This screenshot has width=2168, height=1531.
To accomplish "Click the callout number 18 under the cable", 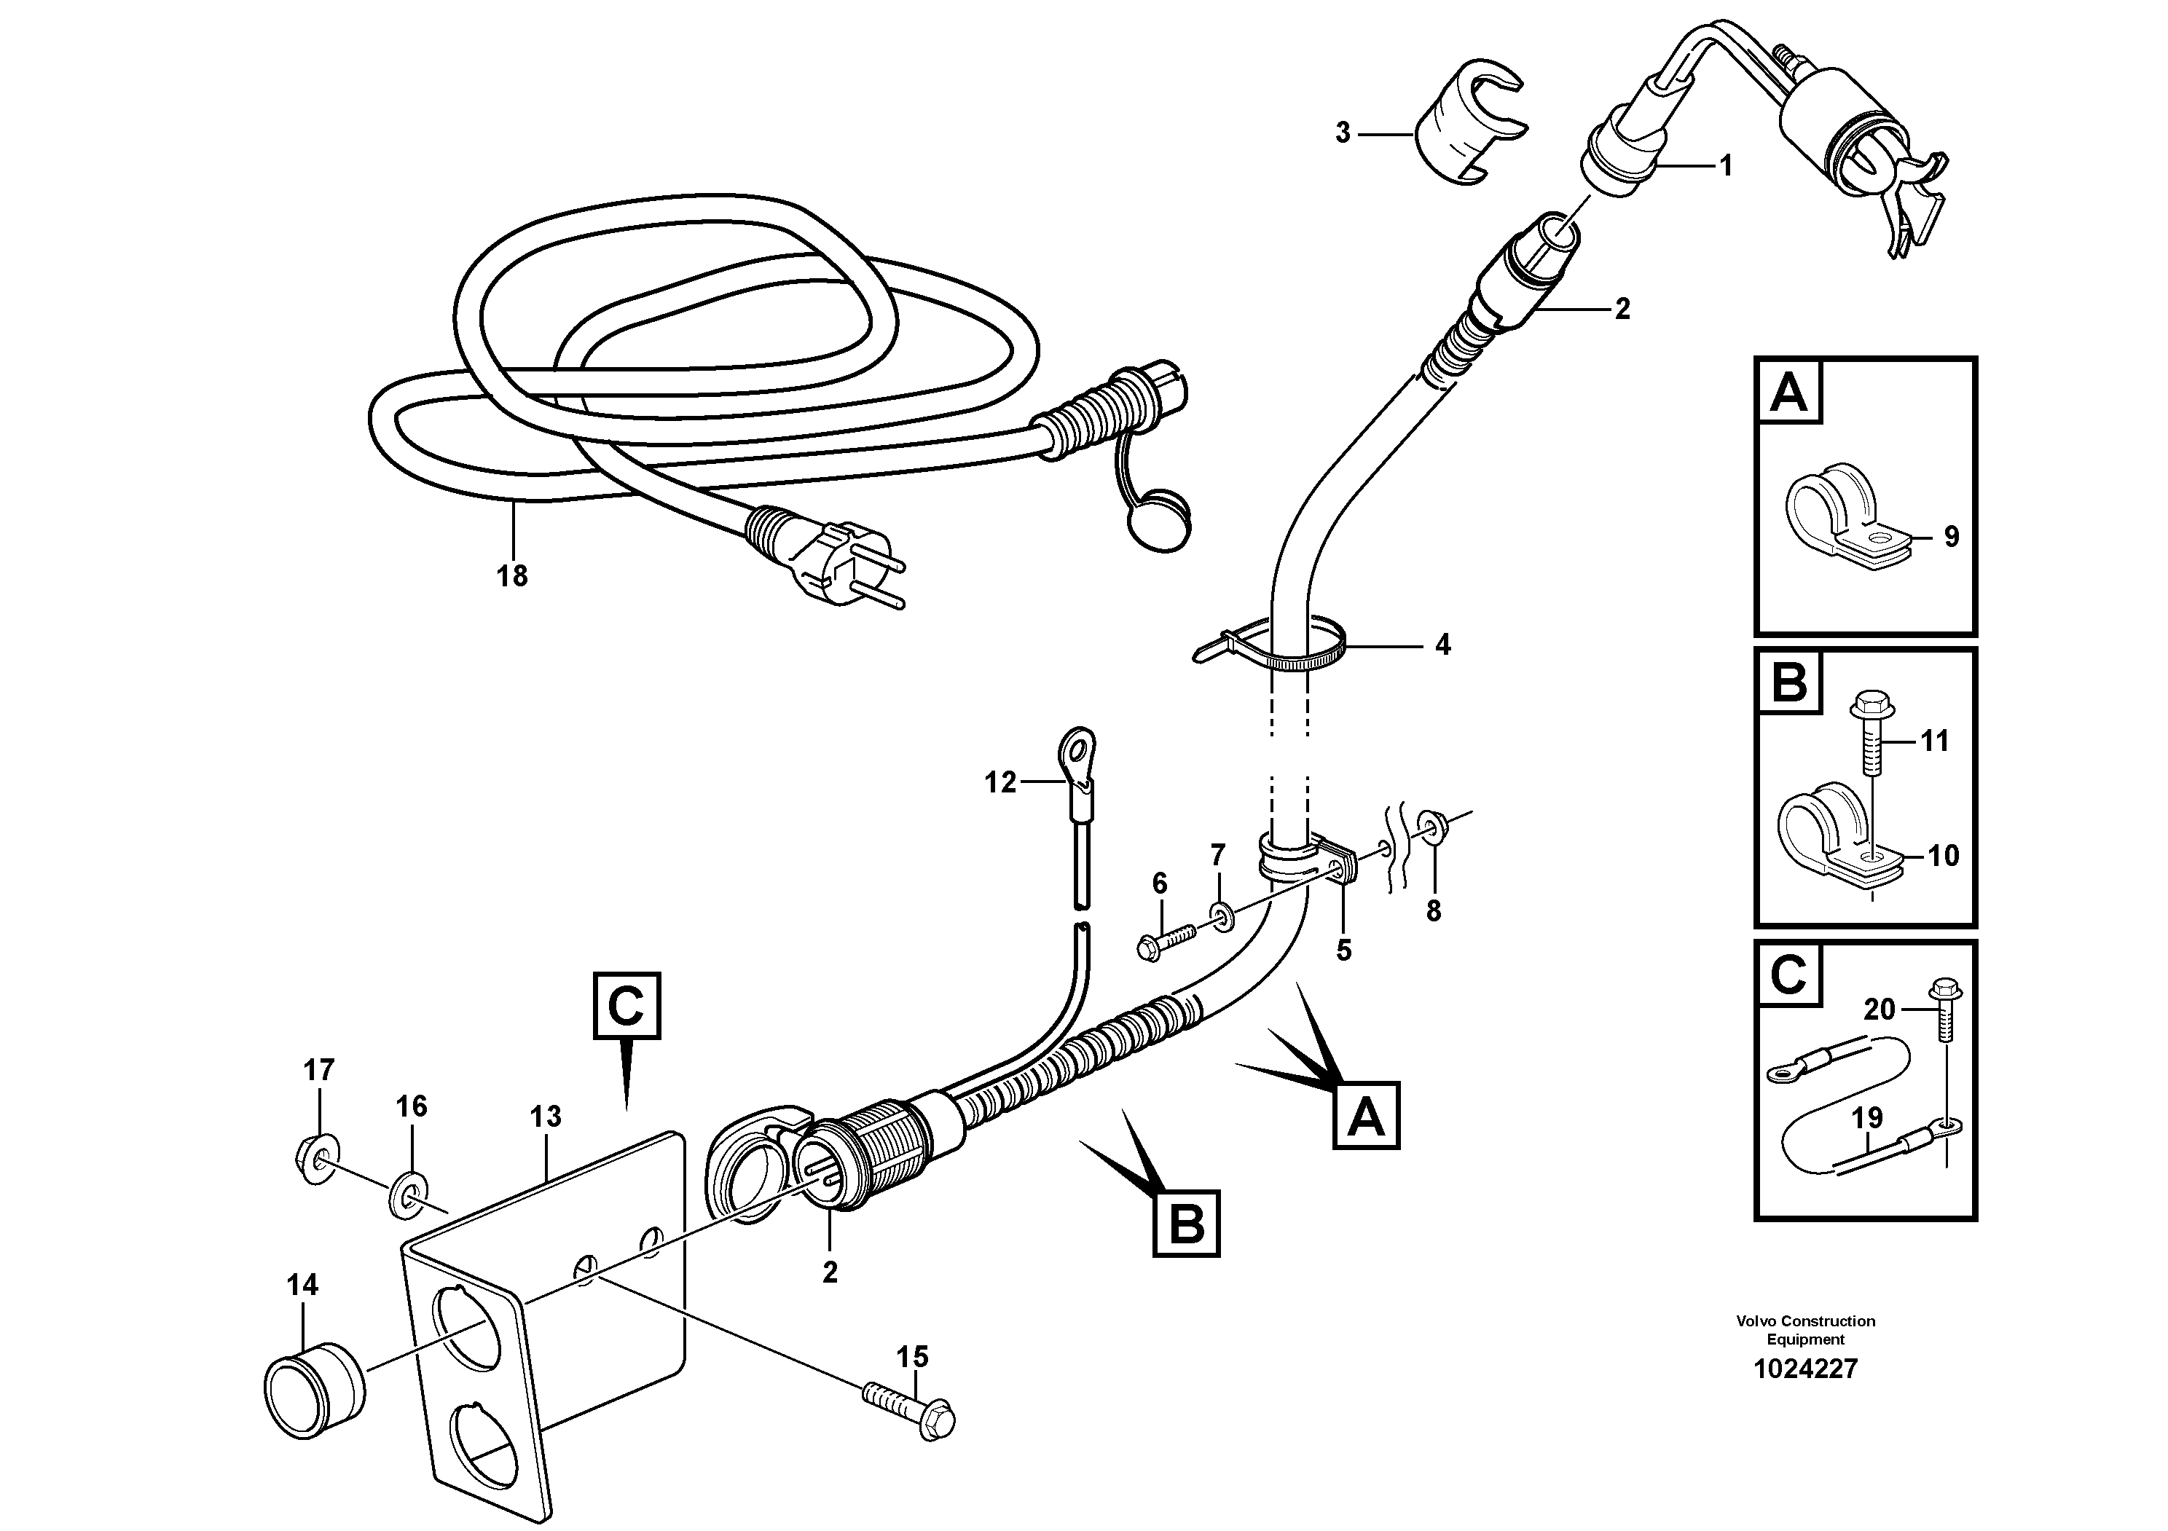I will coord(512,576).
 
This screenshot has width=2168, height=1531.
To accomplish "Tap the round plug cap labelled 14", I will coord(313,1390).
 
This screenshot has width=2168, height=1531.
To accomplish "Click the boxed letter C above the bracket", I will coord(626,1005).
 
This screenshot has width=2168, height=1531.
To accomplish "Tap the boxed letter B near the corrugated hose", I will coord(1186,1224).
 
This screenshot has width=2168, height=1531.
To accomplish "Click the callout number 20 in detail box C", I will coord(1878,1010).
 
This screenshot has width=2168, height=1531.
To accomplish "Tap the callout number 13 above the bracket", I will coord(546,1117).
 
